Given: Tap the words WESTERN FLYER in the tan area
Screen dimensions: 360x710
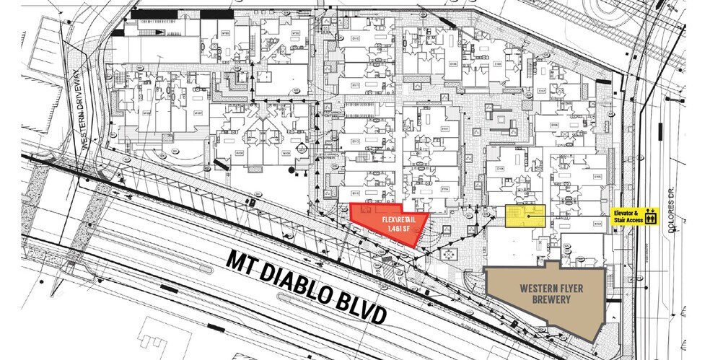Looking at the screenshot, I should click(x=545, y=287).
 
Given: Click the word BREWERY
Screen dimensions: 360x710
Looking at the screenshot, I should click(x=545, y=299).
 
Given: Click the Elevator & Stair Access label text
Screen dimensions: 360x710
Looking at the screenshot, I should click(x=628, y=215).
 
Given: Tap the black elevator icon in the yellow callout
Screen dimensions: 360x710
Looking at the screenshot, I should click(x=651, y=215).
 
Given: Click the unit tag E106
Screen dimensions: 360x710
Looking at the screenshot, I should click(x=554, y=125).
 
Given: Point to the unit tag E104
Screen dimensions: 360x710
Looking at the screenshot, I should click(x=500, y=169).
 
